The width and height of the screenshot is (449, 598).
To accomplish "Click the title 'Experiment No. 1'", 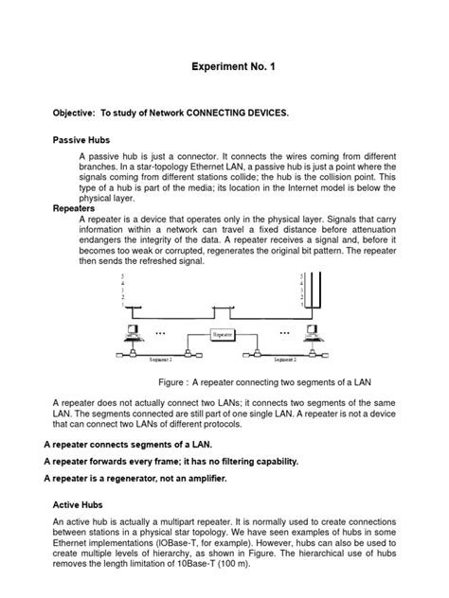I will coord(224,68).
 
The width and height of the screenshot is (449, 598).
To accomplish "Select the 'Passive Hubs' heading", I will coord(81,139).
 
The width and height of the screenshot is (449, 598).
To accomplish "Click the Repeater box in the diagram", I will coord(224,334).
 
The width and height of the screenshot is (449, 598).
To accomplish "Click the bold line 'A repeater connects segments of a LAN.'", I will coord(129,444).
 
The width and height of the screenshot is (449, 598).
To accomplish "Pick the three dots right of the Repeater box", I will coord(282,334).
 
